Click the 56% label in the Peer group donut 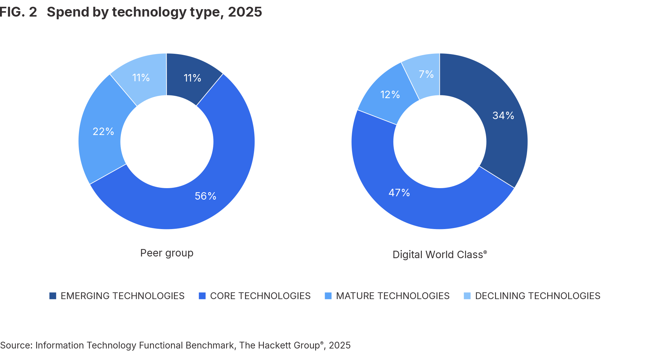click(x=205, y=196)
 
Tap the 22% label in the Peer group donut click(x=103, y=131)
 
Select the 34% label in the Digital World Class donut click(x=503, y=115)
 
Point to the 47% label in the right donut click(x=399, y=193)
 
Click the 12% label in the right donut click(x=390, y=94)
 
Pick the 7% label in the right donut click(x=426, y=74)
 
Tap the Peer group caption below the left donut click(x=167, y=253)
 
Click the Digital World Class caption click(x=439, y=254)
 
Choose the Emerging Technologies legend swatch click(x=53, y=296)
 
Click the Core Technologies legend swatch click(x=202, y=296)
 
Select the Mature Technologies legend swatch click(x=328, y=296)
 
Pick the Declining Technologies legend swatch click(x=467, y=296)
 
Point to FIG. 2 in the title click(x=18, y=12)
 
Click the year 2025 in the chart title click(x=245, y=12)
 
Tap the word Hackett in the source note click(x=274, y=345)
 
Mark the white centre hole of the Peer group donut click(x=167, y=141)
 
